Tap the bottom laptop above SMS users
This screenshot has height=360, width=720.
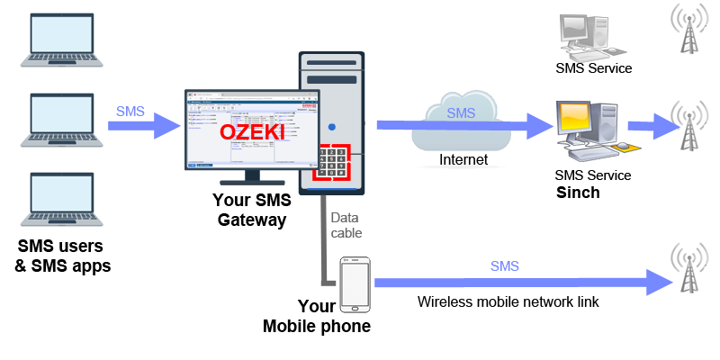click(x=56, y=199)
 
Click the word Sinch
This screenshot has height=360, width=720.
click(x=578, y=193)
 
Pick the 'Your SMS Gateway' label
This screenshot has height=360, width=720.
click(x=249, y=209)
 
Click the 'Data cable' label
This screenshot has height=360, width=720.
click(x=346, y=225)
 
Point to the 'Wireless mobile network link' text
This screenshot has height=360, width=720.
click(x=508, y=301)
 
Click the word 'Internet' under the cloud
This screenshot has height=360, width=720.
click(x=463, y=160)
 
